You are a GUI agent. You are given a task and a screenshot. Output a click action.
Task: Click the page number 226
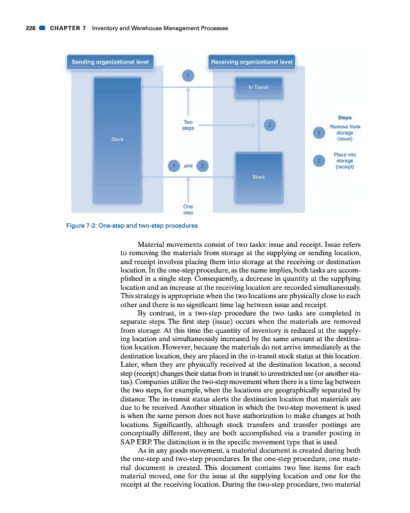(25, 28)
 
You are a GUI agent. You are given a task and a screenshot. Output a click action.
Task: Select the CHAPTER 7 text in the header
(68, 28)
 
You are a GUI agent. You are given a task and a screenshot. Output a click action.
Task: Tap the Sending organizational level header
(110, 62)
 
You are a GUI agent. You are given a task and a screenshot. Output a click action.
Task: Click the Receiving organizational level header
(252, 62)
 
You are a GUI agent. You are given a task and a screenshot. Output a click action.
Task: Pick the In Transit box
(258, 87)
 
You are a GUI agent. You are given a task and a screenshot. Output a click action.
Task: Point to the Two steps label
(188, 125)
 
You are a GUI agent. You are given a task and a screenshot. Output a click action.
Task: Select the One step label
(188, 209)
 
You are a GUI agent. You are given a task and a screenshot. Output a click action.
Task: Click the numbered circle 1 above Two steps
(188, 75)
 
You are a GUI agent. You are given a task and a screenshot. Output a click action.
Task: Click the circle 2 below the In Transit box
(270, 124)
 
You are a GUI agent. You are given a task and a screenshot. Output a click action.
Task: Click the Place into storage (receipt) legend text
(345, 160)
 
